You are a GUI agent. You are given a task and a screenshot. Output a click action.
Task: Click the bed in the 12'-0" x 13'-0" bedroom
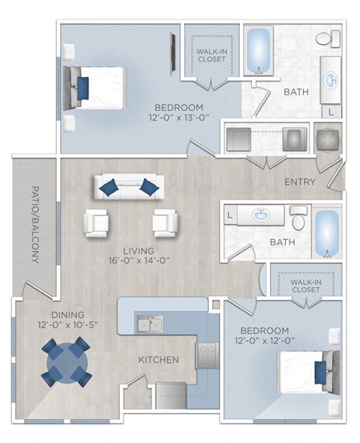click(x=97, y=87)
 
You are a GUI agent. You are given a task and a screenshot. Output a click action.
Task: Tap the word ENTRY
click(x=300, y=182)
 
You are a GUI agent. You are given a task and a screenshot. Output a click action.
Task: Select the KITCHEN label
click(x=158, y=360)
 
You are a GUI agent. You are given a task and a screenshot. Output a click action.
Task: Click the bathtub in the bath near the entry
click(x=325, y=229)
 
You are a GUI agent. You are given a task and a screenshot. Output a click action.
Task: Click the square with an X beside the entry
click(x=327, y=139)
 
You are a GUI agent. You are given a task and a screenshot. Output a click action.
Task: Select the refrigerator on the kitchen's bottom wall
click(x=170, y=394)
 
